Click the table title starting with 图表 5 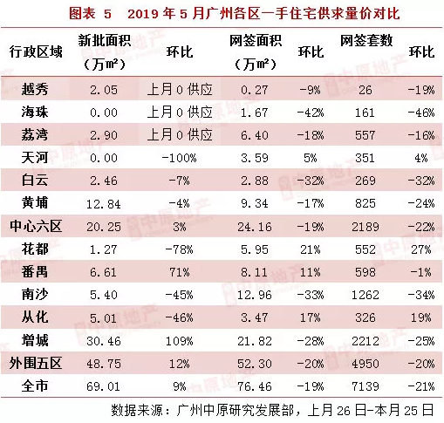click(x=222, y=14)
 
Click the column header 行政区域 click(x=37, y=51)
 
